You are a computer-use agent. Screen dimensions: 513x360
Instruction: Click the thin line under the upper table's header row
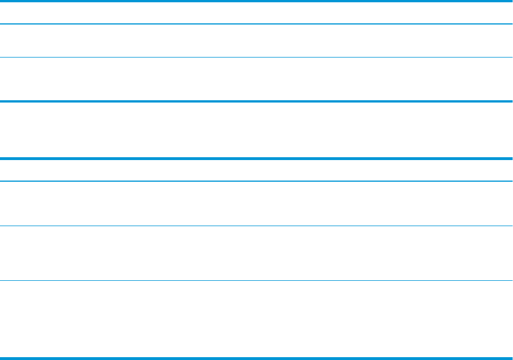click(256, 24)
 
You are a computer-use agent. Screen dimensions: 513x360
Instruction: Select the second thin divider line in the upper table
click(256, 57)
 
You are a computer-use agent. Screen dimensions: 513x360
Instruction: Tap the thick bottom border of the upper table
click(256, 101)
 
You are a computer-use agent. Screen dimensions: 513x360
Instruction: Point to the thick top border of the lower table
click(256, 158)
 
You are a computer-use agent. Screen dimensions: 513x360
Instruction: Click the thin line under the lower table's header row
click(256, 181)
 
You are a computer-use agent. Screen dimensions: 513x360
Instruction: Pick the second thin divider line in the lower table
click(256, 226)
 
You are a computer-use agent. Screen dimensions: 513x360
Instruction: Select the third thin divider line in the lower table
click(256, 280)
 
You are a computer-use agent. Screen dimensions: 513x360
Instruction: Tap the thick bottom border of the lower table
click(256, 358)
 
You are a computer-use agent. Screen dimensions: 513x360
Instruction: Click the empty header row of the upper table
click(256, 13)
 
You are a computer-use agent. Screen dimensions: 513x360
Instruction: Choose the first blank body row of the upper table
click(256, 40)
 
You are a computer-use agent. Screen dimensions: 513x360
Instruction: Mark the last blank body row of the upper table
click(256, 79)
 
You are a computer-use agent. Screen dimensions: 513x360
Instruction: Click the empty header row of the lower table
click(256, 170)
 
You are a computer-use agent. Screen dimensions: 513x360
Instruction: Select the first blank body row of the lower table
click(256, 203)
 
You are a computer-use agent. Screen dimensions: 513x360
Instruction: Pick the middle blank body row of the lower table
click(256, 253)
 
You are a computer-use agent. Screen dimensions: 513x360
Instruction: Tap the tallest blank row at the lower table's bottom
click(256, 319)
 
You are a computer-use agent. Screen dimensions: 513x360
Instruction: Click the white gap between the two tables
click(256, 130)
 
